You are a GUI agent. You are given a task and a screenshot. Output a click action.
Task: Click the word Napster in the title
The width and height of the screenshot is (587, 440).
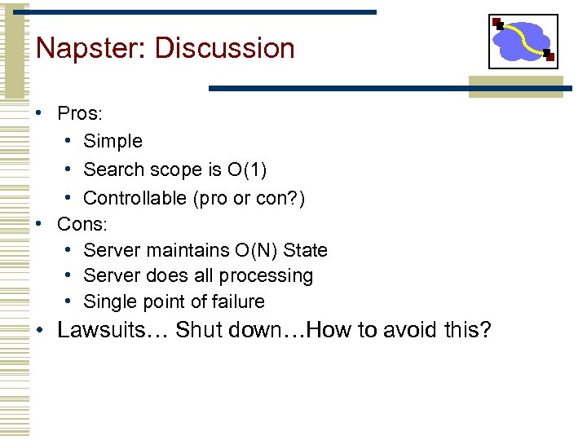coord(89,48)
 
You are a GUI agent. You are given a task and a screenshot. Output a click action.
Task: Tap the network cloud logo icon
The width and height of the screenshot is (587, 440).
coord(523,42)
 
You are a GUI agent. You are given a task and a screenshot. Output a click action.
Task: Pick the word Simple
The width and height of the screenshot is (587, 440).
coord(113,141)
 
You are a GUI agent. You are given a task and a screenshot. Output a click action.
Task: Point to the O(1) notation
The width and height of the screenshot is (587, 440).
coord(247,169)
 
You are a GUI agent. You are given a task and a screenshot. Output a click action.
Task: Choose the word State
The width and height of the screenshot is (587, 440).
coord(305,250)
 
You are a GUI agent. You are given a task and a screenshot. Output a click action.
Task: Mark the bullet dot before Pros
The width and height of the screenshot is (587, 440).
coord(40,113)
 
